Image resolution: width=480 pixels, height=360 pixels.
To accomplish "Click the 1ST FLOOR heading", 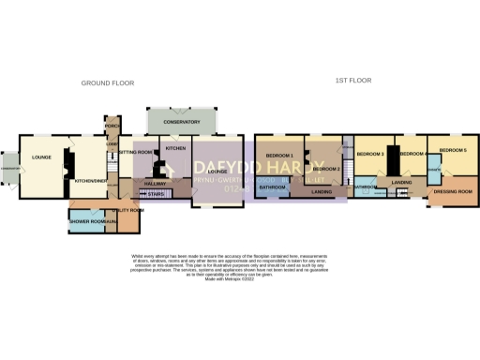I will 351,81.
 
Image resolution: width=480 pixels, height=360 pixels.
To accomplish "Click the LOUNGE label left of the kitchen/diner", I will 39,157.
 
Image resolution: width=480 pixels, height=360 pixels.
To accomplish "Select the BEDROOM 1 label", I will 279,155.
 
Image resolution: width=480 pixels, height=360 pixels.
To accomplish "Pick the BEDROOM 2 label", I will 325,169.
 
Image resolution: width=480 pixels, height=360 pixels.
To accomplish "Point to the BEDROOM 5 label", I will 454,150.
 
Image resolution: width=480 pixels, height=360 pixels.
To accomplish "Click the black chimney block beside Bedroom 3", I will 387,161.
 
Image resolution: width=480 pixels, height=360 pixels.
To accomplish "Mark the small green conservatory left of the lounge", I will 9,170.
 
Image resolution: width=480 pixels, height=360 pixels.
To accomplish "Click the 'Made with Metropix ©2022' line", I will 239,278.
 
